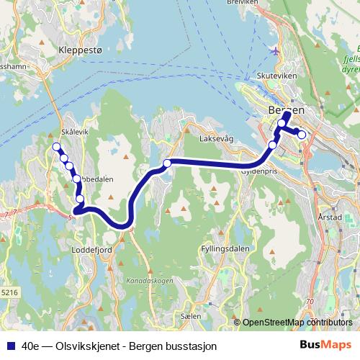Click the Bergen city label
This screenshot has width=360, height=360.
(286, 109)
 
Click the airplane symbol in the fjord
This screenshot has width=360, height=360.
(274, 50)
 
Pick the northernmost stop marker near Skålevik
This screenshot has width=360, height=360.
(56, 148)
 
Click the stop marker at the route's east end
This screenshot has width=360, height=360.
(302, 135)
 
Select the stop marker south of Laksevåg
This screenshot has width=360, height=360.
(167, 163)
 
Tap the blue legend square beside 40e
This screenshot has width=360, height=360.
(11, 346)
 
